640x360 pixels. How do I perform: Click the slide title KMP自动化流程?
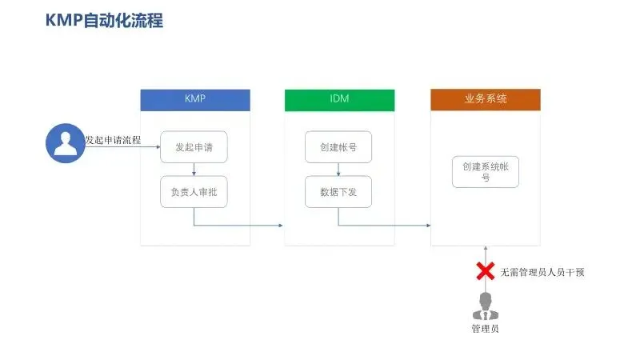105,21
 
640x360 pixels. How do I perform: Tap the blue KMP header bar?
195,100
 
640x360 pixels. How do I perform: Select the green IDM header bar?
339,100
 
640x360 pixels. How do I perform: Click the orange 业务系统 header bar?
485,100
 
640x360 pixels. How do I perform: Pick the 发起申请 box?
194,147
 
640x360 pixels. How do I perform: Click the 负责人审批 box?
194,192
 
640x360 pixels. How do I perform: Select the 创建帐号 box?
338,147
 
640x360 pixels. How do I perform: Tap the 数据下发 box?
338,192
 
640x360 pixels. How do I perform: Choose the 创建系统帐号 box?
485,171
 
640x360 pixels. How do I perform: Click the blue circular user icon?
63,142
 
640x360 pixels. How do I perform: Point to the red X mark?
485,272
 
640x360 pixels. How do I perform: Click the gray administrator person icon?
485,306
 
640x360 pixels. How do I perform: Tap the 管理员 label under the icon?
485,329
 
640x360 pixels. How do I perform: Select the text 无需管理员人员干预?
542,272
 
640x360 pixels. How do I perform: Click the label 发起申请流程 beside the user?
113,141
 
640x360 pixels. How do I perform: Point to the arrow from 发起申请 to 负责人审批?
194,169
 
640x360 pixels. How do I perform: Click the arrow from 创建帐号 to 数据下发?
338,169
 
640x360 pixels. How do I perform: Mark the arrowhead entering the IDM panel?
280,225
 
